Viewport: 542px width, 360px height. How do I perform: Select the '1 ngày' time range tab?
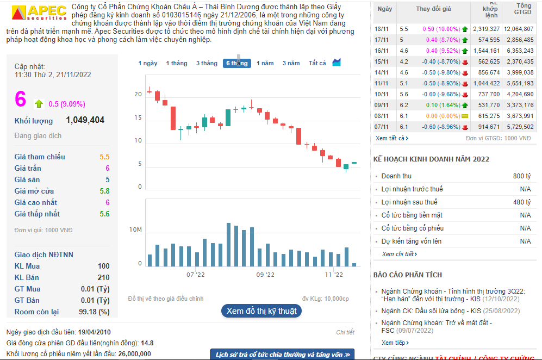[x=147, y=63]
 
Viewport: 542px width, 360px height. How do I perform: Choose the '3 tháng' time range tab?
[x=207, y=63]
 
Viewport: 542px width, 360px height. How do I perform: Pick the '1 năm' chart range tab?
[x=265, y=63]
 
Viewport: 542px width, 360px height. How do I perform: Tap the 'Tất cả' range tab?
[x=317, y=63]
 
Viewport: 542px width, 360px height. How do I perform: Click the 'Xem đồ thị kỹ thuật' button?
[x=261, y=311]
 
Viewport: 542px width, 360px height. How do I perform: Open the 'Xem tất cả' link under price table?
[x=391, y=138]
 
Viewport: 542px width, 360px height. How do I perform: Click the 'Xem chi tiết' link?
[x=399, y=254]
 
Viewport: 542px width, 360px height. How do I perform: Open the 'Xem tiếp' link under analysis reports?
[x=395, y=343]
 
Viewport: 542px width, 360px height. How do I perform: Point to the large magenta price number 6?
[x=21, y=99]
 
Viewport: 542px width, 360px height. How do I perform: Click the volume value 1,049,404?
[x=85, y=120]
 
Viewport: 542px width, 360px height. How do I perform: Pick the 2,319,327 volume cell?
[x=486, y=28]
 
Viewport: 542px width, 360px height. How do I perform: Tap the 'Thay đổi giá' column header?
[x=433, y=9]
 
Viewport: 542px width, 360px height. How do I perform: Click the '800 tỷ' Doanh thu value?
[x=521, y=176]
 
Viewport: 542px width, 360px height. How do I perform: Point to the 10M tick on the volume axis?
[x=135, y=230]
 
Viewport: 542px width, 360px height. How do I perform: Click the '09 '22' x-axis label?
[x=265, y=275]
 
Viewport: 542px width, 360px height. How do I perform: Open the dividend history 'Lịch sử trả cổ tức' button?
[x=282, y=355]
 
